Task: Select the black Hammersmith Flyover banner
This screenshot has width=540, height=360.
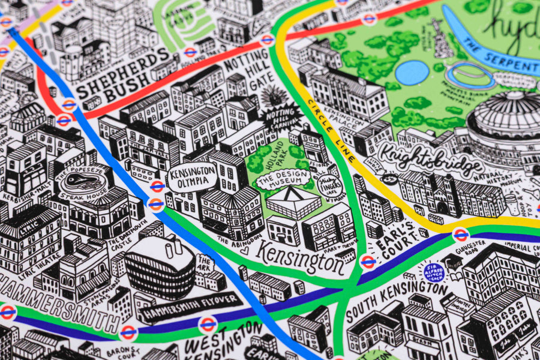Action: pyautogui.click(x=189, y=305)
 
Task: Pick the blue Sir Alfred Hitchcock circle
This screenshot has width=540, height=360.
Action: pyautogui.click(x=434, y=271)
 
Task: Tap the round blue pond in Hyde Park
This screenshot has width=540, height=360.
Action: pyautogui.click(x=412, y=73)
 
